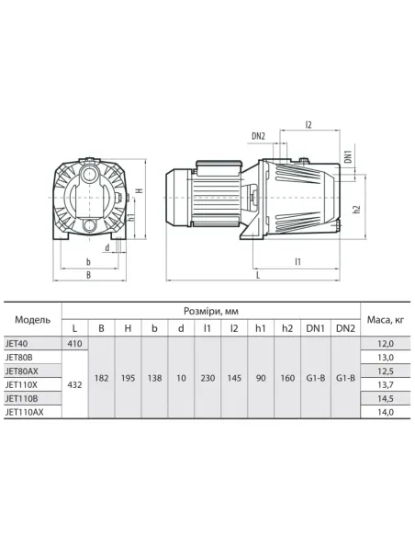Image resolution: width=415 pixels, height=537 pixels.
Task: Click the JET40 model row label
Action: [19, 342]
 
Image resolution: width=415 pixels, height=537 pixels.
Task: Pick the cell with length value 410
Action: [75, 342]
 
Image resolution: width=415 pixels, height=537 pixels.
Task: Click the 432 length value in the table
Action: [75, 384]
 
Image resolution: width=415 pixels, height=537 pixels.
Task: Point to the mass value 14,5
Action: [385, 398]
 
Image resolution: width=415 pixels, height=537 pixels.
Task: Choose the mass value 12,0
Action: [385, 342]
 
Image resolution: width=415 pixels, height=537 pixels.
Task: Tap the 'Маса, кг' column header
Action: [385, 319]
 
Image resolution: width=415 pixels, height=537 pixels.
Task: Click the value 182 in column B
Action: [102, 377]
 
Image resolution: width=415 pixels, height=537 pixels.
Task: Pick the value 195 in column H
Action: [129, 377]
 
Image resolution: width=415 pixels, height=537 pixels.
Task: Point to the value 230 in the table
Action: [208, 377]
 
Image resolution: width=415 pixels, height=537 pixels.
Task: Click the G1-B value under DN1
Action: [316, 377]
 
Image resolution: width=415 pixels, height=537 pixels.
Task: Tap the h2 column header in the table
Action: [288, 327]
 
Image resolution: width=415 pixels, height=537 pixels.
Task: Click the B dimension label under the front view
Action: [88, 273]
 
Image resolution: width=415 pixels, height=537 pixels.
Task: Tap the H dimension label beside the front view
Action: [139, 190]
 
